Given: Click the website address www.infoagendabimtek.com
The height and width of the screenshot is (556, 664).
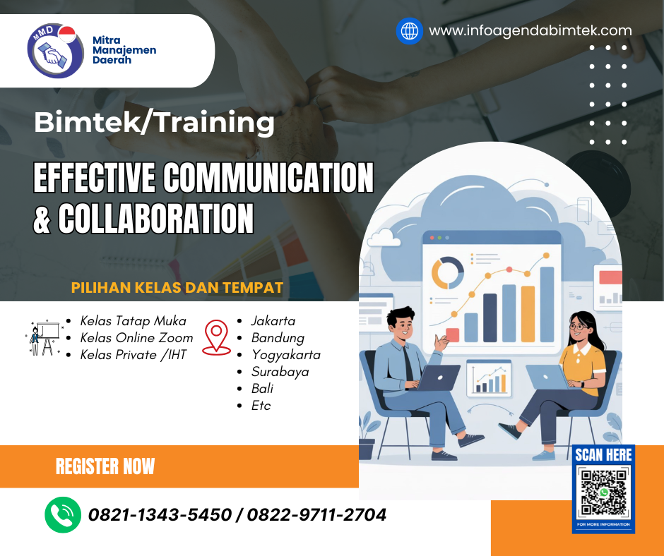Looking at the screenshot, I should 530,30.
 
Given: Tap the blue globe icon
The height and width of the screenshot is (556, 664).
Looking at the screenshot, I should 409,31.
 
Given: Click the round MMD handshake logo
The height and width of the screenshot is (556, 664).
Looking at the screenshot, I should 51,50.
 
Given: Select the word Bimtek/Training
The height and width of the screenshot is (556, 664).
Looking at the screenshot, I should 154,123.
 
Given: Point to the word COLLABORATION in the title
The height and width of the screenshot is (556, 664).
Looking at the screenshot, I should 155,218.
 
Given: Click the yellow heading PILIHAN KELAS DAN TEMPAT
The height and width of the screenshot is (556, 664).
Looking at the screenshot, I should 177,288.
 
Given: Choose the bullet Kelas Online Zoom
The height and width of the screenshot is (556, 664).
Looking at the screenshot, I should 136,337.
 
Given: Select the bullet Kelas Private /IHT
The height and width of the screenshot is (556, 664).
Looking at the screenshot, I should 133,354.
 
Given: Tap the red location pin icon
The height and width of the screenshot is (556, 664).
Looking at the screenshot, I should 216,337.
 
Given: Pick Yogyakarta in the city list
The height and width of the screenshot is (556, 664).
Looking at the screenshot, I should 285,354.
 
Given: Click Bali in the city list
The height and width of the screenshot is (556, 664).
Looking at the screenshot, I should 262,388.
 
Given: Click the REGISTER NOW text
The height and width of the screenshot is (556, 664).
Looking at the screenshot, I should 105,466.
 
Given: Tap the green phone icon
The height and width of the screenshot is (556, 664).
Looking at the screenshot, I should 62,514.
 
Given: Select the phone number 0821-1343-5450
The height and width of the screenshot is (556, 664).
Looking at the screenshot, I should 160,515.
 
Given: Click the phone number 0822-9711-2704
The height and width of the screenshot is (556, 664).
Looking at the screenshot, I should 316,515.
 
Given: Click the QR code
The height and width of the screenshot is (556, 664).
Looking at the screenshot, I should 603,492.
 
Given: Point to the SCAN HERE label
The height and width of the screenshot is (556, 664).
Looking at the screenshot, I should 603,455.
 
